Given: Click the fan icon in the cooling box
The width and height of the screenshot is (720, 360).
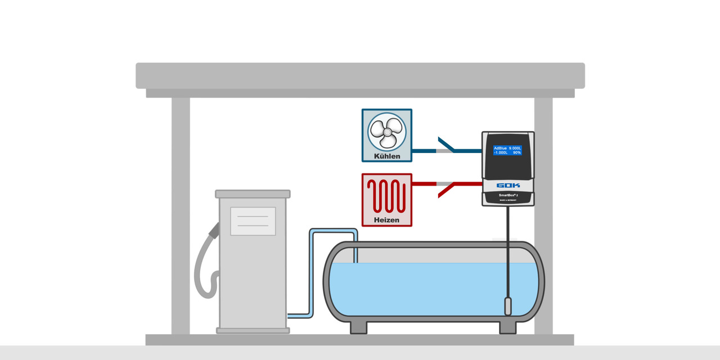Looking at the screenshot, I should coord(386,130).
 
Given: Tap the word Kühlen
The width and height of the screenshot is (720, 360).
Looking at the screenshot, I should coord(387,156).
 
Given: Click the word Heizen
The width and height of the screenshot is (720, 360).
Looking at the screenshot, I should coord(386,220).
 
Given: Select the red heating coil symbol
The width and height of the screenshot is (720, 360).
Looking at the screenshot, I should coord(386,195).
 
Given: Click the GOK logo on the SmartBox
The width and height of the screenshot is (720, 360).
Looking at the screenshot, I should coord(508,185).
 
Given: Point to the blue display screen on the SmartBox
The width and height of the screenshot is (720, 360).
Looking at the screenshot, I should coord(507,150).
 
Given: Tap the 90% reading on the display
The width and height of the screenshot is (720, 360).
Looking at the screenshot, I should coord(516,152).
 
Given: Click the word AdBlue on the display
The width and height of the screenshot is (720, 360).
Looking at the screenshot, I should coord(501,148).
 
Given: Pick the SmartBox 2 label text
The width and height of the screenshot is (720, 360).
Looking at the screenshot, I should coord(507,195).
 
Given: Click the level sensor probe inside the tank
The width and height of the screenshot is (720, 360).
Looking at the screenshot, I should coord(507,306).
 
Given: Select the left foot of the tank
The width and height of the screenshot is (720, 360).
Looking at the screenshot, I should coord(358,327).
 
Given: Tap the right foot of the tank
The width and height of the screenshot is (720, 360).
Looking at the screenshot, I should coord(508,327).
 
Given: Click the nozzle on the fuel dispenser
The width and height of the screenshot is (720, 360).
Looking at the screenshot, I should coord(214,229).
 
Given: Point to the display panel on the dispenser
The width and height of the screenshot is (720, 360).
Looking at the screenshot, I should coord(253,221).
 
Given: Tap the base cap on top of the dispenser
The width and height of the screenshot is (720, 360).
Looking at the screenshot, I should coord(253,194).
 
